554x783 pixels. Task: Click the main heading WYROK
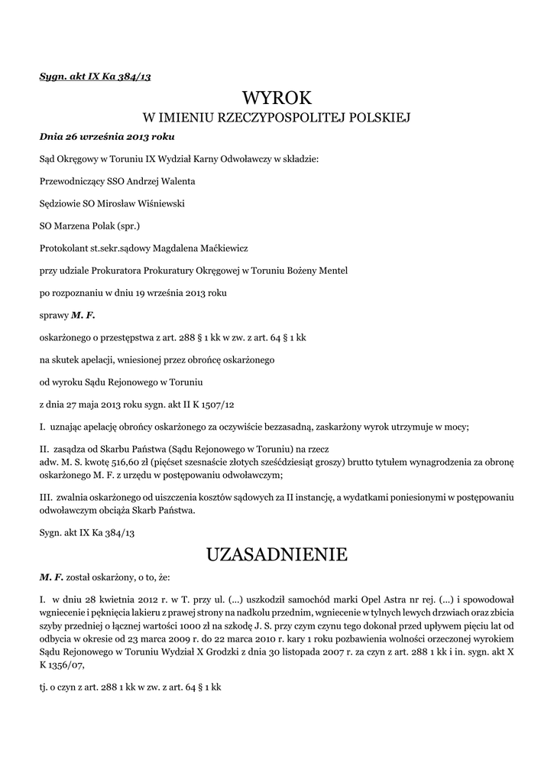click(x=277, y=98)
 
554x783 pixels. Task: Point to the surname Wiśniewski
click(x=159, y=204)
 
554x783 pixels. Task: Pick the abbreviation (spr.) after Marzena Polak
click(x=127, y=226)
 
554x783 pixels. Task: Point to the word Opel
click(x=348, y=597)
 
